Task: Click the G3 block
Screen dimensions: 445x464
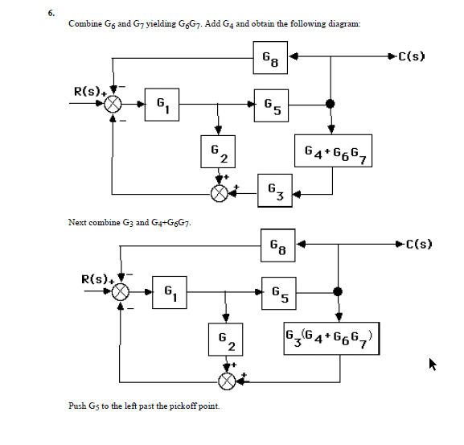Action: click(x=273, y=192)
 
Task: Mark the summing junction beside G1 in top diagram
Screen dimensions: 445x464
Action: click(x=115, y=104)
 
